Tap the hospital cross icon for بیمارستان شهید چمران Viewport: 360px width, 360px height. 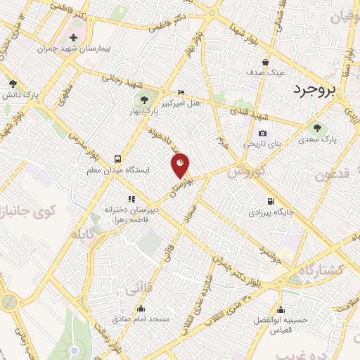coord(73,37)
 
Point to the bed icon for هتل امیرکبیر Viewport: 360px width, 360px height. coord(181,92)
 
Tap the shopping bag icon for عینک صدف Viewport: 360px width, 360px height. coord(265,60)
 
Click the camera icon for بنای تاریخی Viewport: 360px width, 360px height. coord(262,133)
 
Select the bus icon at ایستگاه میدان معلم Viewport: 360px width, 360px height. coord(117,159)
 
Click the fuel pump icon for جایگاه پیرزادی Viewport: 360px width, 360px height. coord(270,200)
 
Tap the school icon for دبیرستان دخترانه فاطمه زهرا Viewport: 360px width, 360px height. coord(131,199)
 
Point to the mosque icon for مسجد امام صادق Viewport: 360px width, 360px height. coord(141,308)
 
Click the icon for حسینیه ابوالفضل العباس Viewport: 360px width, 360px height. coord(281,309)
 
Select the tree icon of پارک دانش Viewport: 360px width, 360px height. coord(13,83)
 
